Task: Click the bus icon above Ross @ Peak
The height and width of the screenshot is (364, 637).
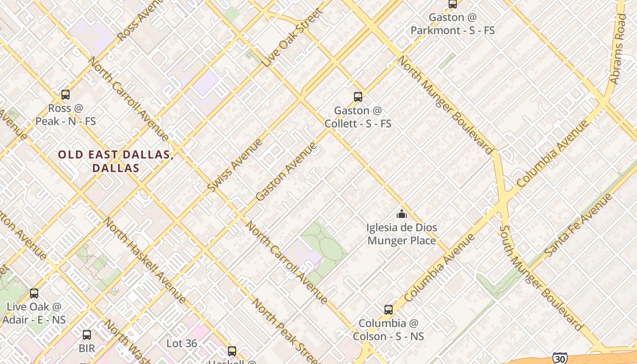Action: tap(66, 95)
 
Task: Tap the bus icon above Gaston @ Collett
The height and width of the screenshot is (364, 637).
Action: tap(358, 96)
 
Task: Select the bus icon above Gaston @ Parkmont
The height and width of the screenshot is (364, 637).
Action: tap(453, 4)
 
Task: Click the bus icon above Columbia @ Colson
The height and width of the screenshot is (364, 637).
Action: tap(388, 310)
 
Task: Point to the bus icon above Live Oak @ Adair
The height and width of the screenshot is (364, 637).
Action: tap(34, 293)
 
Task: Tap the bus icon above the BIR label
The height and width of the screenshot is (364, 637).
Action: tap(86, 335)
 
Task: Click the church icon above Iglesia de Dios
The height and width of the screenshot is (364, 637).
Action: tap(401, 213)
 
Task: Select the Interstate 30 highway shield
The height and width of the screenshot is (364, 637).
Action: tap(560, 358)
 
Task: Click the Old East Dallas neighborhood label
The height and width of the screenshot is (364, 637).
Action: tap(116, 161)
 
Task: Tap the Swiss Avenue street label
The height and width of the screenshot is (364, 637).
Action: tap(235, 165)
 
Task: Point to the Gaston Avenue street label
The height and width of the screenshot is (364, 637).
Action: tap(286, 172)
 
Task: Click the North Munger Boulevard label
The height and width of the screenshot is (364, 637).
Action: tap(446, 105)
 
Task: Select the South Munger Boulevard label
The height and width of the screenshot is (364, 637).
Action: tap(541, 278)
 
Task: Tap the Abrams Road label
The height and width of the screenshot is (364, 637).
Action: tap(619, 49)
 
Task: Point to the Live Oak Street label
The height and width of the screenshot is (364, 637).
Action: tap(293, 37)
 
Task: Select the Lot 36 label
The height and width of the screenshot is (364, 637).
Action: tap(182, 343)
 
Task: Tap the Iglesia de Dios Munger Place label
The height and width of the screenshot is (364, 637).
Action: tap(402, 234)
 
